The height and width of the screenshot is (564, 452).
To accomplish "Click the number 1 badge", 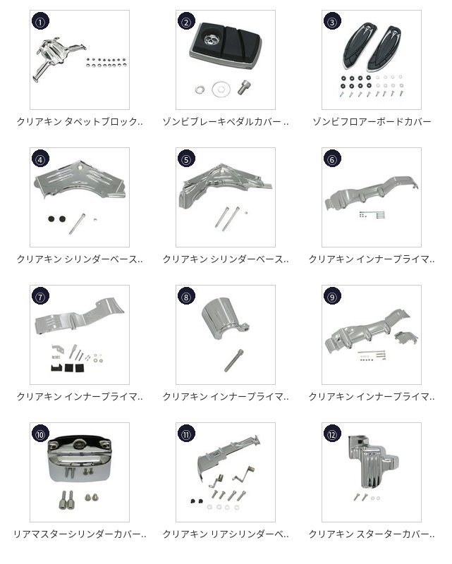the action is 40,22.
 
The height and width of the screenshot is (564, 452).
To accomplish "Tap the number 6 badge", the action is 332,159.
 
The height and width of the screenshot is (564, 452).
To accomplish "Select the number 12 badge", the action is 332,434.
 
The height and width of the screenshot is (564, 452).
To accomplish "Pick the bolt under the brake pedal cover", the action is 244,87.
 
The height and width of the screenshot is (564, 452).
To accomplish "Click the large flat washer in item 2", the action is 221,89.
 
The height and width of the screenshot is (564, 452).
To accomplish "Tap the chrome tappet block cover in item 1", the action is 58,58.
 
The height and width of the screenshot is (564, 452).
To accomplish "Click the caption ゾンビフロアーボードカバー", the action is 372,121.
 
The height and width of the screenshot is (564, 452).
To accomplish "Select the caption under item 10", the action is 80,534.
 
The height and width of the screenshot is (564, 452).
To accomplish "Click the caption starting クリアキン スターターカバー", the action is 372,534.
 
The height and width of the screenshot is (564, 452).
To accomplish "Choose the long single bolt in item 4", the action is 77,223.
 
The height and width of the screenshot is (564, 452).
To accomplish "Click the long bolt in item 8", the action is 234,360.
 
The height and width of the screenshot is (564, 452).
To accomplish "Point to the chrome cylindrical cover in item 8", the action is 223,316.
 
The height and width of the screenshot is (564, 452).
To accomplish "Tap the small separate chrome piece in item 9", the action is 406,338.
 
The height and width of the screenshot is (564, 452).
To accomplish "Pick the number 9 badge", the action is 332,297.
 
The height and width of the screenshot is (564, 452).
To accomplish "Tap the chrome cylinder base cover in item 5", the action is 225,185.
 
